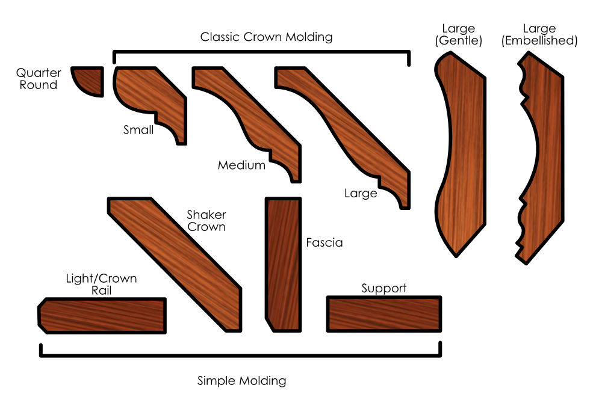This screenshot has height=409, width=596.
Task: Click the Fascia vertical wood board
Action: pos(282,265)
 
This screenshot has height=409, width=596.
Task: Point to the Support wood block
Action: pos(383,313)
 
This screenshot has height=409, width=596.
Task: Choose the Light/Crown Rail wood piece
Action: pos(102,315)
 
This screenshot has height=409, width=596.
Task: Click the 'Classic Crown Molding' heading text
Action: pos(266,37)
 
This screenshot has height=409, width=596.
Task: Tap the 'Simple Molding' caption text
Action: pos(241,381)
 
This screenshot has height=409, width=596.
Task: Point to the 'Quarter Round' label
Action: pos(39,79)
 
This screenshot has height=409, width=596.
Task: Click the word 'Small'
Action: pos(138,129)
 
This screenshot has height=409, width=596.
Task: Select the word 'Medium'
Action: pos(241,165)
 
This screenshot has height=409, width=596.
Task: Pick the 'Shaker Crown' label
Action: pos(206,221)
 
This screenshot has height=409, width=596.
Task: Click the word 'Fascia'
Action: pos(324,243)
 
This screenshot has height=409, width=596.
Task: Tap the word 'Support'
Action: pos(383,288)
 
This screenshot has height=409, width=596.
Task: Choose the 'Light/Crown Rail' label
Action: pos(101,284)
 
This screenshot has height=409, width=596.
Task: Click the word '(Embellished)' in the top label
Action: pos(539,41)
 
